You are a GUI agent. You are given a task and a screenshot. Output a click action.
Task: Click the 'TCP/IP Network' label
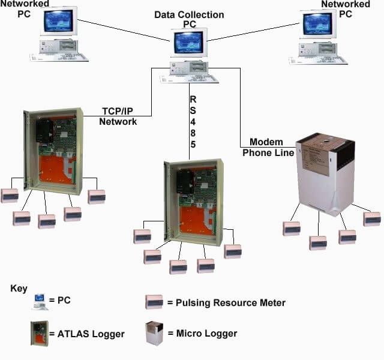[x=118, y=116]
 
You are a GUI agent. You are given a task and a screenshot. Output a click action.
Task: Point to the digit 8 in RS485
[x=193, y=133]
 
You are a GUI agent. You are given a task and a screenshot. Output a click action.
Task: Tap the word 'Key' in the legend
[x=19, y=289]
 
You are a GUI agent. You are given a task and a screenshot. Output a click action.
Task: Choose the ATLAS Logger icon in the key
[x=40, y=332]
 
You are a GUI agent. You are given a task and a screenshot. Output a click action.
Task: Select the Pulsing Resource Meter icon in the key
[x=154, y=302]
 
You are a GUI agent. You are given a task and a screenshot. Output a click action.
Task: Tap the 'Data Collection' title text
[x=189, y=14]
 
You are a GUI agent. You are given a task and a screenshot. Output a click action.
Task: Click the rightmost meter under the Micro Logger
[x=371, y=218]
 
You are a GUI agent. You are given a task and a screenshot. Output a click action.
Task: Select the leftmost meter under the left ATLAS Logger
[x=10, y=196]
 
